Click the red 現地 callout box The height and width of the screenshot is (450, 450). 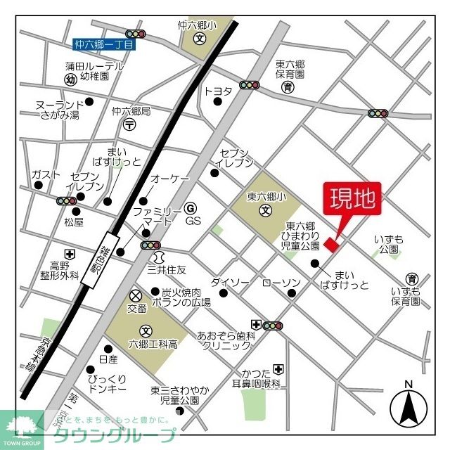pos(352,199)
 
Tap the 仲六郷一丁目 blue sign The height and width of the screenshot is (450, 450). pos(103,44)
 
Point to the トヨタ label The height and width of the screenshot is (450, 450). pos(217,90)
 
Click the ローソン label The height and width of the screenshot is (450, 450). pos(281,282)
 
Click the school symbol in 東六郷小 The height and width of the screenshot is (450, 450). pos(266,210)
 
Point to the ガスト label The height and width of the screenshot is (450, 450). pos(45,174)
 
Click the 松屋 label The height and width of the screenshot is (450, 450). pos(74,222)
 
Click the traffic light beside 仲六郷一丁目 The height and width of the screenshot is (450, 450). pos(135,33)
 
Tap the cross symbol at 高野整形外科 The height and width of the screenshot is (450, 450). pos(69,254)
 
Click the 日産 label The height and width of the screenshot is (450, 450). pos(108,359)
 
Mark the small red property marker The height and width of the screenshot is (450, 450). pos(331,244)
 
